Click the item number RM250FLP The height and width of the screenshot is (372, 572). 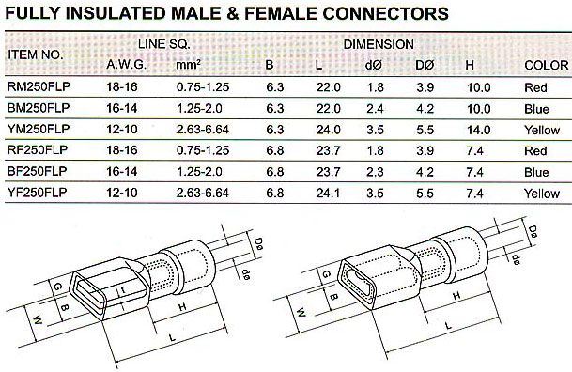(x=39, y=86)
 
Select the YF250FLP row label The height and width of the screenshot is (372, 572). (x=38, y=193)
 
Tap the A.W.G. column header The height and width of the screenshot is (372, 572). (x=127, y=65)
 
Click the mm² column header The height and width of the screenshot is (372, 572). (x=188, y=65)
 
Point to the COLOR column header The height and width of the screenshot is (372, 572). (x=546, y=65)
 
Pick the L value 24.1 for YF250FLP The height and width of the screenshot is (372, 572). (x=328, y=193)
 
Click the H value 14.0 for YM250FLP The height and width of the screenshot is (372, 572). (x=479, y=130)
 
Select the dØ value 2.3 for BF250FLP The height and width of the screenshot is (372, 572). (x=375, y=172)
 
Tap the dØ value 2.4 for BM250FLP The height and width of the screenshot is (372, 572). (x=375, y=109)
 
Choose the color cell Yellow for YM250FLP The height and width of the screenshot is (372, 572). (x=542, y=130)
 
